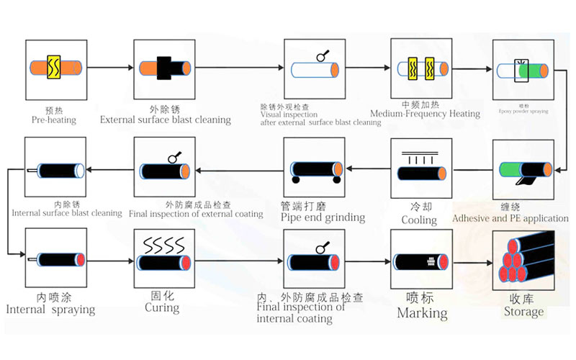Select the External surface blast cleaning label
coord(165,120)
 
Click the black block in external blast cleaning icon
coord(163,68)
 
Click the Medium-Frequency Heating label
coord(425,114)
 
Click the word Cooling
coord(419,220)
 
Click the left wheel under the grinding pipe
coord(294,181)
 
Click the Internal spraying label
coord(50,310)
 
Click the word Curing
coord(162,307)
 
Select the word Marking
coord(422,313)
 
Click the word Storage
coord(523,312)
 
